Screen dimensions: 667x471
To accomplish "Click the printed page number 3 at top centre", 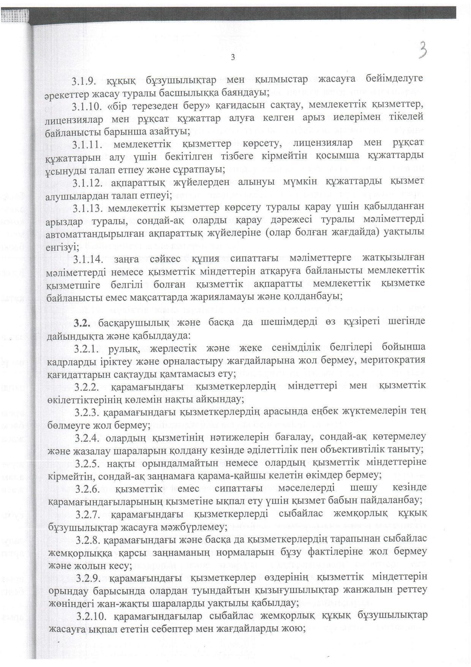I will coord(233,57).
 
